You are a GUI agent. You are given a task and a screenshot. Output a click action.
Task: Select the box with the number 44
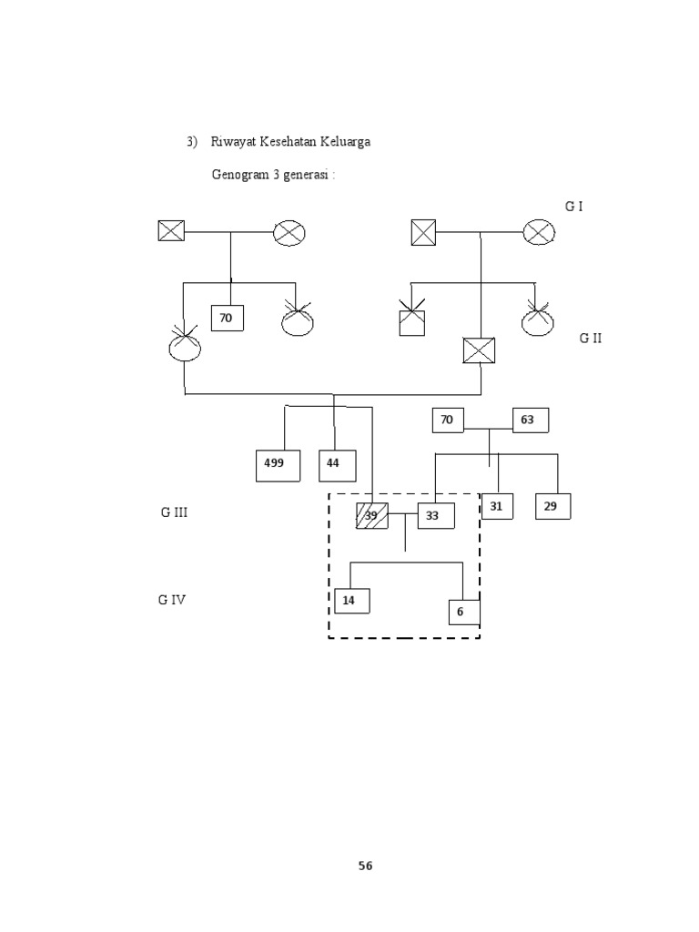point(335,464)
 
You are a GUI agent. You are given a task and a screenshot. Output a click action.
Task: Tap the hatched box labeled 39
point(372,516)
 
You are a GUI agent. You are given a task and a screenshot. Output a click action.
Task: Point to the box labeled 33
point(435,516)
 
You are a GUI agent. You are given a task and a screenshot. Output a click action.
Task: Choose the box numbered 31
point(497,506)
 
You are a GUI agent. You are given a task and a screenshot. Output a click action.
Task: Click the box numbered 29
point(552,506)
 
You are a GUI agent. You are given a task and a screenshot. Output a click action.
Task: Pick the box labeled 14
point(351,601)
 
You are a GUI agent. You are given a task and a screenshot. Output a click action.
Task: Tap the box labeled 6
point(463,613)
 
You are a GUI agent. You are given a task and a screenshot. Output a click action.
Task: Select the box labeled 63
point(531,420)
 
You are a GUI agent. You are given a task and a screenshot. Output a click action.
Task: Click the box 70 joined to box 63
point(448,420)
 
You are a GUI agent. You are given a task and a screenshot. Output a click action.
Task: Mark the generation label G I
point(573,207)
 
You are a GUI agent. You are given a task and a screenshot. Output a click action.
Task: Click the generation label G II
point(591,339)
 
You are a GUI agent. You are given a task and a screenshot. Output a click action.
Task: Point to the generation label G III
point(174,513)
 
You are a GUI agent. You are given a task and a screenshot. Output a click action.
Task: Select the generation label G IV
point(173,601)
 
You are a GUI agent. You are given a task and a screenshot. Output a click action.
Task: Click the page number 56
point(365,866)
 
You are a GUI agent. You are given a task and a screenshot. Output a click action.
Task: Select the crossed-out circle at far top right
point(539,232)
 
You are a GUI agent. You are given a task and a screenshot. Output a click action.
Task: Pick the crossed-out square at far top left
point(171,231)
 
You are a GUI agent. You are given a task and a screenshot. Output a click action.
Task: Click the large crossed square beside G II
point(479,350)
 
